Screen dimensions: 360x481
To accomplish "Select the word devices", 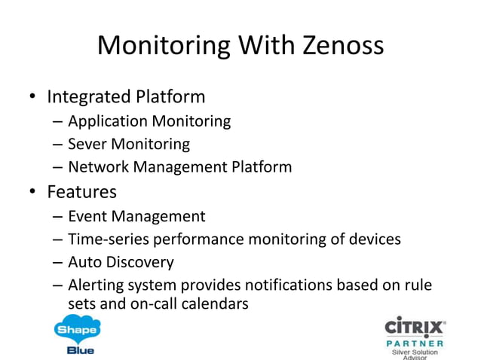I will pyautogui.click(x=372, y=239).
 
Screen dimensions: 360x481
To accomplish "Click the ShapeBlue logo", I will pyautogui.click(x=77, y=334).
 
